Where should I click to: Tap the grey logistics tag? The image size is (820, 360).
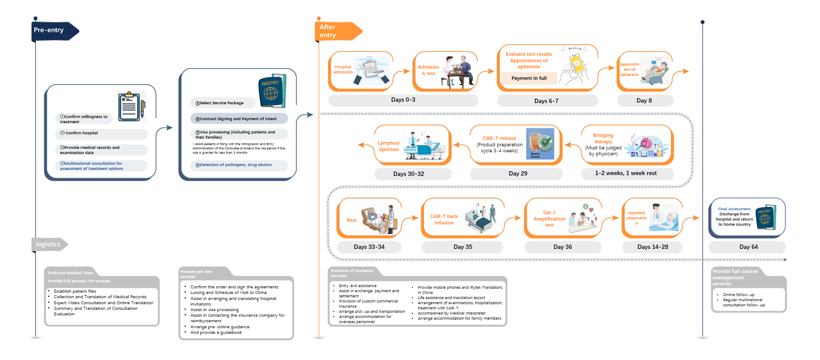48,244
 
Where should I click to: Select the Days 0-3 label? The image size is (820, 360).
403,100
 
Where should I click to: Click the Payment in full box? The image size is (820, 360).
529,78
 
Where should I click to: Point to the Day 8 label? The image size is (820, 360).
644,100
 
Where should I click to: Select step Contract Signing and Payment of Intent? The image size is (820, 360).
238,119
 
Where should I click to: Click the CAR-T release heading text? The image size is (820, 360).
499,138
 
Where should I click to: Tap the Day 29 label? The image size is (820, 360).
518,174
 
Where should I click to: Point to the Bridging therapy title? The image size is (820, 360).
603,138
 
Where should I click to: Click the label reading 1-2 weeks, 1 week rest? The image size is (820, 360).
626,173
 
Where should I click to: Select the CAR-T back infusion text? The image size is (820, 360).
444,220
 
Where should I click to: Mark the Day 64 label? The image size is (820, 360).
748,247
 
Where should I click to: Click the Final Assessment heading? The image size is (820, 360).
734,209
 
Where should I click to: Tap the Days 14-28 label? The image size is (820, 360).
652,247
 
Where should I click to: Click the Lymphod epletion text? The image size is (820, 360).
389,146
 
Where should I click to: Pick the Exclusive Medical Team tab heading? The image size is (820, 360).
70,273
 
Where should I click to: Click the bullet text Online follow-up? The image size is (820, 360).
739,295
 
